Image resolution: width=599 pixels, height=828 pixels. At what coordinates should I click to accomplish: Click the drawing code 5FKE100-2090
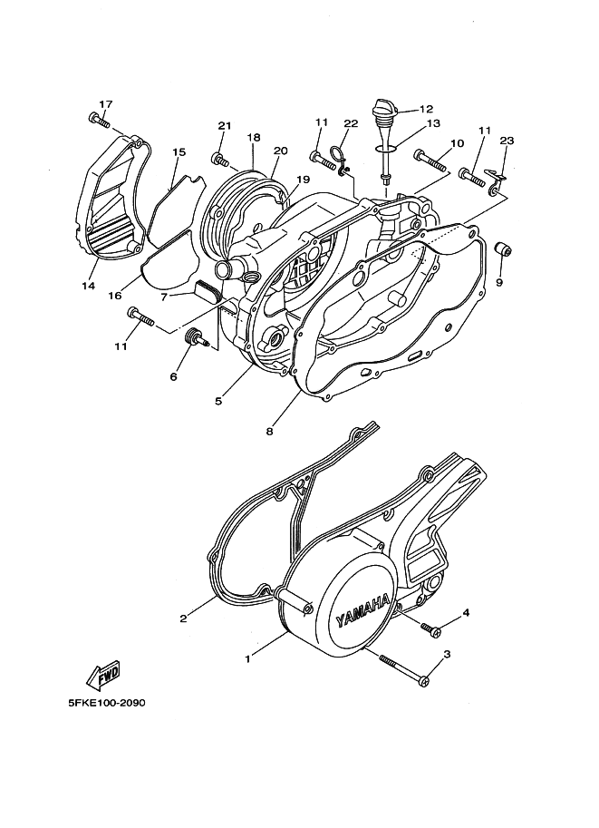tap(106, 703)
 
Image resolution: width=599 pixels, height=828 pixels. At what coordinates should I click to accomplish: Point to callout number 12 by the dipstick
tap(426, 108)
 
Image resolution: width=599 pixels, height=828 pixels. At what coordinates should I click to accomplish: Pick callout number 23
tap(507, 141)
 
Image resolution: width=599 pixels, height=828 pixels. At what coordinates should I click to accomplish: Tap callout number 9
tap(498, 283)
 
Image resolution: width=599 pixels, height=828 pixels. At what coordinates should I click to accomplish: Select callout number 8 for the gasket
tap(269, 433)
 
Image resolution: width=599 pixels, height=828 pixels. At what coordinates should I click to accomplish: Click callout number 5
tap(218, 400)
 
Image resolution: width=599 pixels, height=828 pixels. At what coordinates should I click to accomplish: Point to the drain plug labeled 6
tap(194, 338)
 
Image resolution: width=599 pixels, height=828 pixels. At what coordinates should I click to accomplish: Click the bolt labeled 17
tap(97, 119)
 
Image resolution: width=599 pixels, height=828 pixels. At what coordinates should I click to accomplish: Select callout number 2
tap(184, 619)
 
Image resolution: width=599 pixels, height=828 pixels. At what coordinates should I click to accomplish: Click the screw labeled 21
tap(218, 160)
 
